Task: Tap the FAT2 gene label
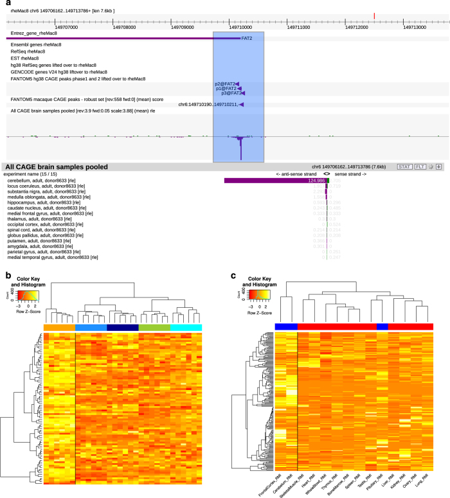(x=246, y=39)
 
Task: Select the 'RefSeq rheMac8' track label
(x=29, y=51)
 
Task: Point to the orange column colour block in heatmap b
(x=59, y=328)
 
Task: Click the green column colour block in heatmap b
(x=154, y=328)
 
